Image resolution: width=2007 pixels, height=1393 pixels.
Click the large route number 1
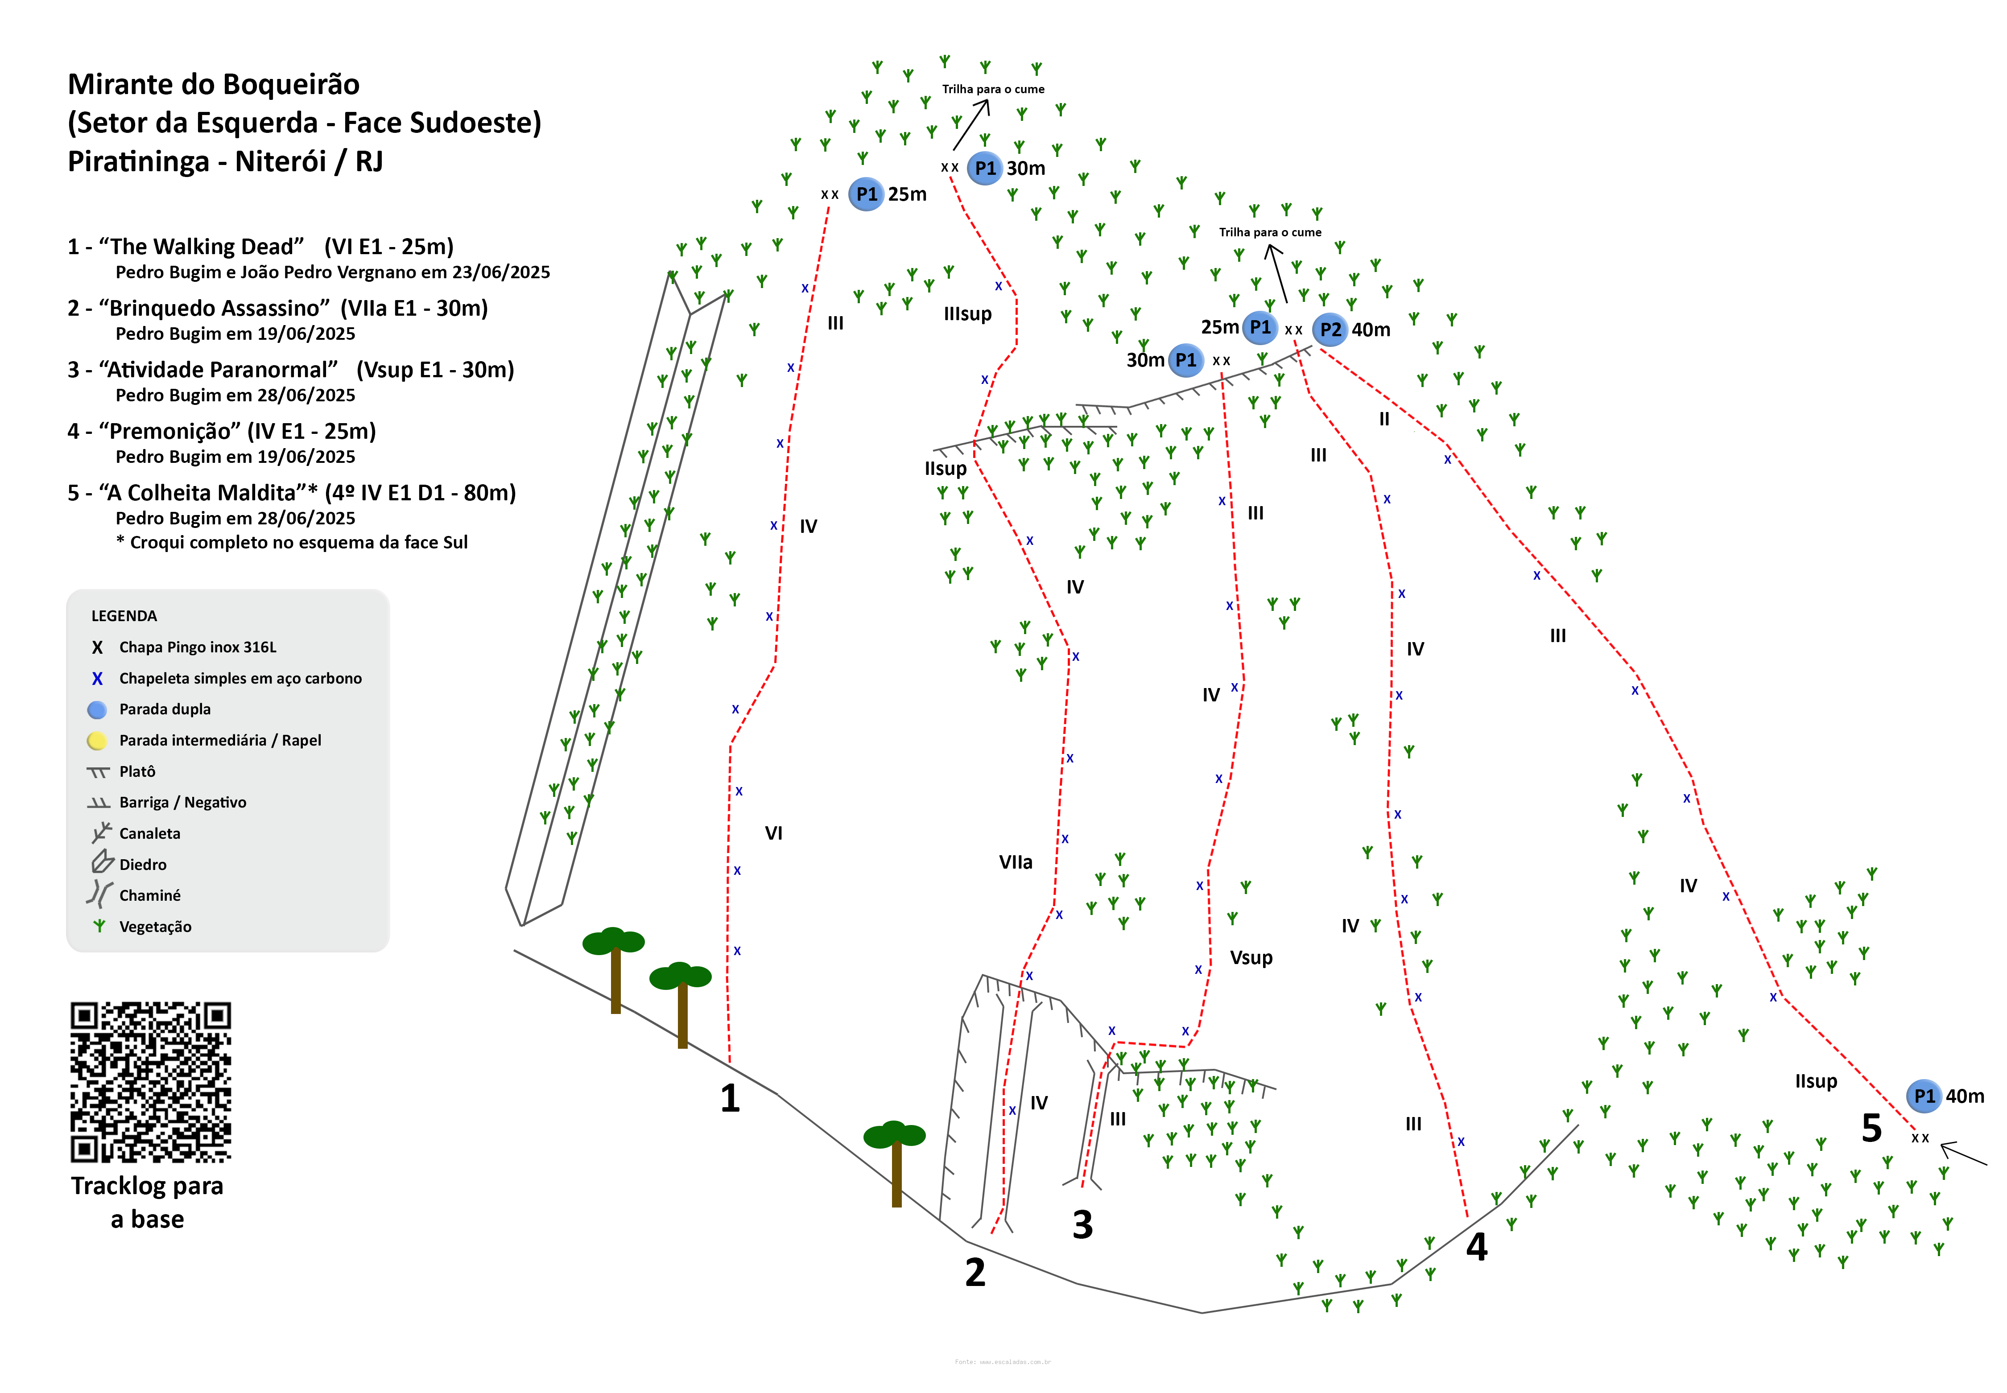point(730,1098)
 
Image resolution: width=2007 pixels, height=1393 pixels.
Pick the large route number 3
point(1082,1224)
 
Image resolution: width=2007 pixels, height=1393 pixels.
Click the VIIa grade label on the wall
point(1015,862)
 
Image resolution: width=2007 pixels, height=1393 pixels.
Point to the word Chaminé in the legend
point(149,895)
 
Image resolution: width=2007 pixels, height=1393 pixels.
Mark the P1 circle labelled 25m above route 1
point(866,194)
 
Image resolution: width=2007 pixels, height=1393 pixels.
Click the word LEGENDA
point(124,616)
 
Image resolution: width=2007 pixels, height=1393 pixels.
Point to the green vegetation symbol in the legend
point(99,926)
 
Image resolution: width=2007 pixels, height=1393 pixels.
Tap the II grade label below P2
point(1383,419)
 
